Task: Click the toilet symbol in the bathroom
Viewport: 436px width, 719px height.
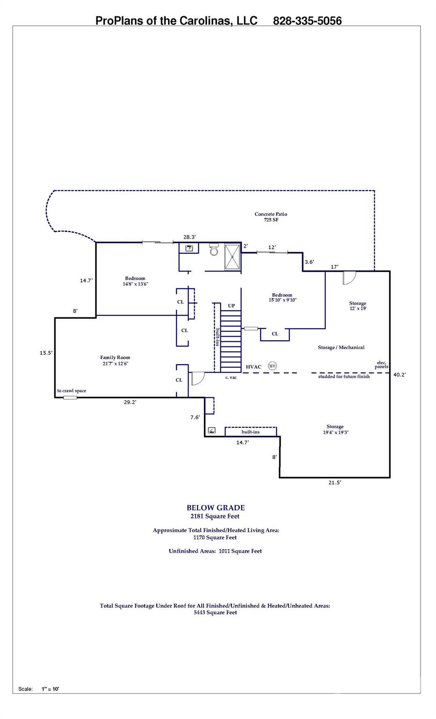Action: tap(214, 250)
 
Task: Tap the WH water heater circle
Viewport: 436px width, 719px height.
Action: tap(272, 366)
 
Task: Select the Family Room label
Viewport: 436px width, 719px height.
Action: tap(115, 360)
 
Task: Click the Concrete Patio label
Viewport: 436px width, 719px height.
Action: tap(271, 217)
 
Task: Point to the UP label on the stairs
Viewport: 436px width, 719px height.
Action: tap(231, 306)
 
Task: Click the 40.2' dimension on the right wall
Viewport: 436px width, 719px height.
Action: tap(399, 374)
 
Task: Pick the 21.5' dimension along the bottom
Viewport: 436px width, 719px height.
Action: tap(334, 483)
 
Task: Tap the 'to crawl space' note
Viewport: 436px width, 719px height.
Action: tap(72, 391)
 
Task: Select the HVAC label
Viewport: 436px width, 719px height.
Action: tap(254, 367)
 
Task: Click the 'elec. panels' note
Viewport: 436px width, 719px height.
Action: tap(382, 365)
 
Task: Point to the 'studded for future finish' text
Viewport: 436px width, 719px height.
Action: tap(344, 376)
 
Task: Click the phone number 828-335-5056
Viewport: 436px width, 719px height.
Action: tap(307, 21)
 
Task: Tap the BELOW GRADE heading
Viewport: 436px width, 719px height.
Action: tap(216, 508)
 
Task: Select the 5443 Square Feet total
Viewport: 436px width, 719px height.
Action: tap(215, 612)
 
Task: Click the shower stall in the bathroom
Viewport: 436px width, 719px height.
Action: tap(232, 257)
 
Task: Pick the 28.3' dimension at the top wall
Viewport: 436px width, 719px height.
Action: tap(189, 237)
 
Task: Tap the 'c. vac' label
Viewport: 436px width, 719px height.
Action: tap(231, 377)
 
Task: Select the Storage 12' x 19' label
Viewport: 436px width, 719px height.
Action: tap(357, 306)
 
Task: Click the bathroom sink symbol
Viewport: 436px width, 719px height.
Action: tap(189, 248)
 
